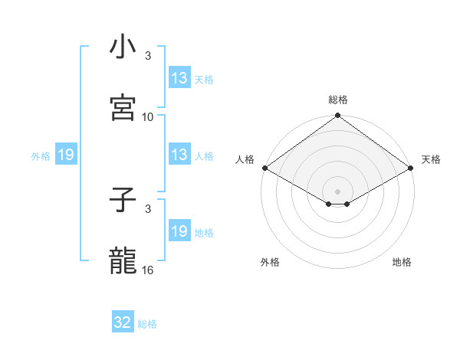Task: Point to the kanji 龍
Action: pyautogui.click(x=123, y=260)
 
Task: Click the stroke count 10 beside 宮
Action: pyautogui.click(x=148, y=117)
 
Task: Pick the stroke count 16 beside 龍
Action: pyautogui.click(x=148, y=270)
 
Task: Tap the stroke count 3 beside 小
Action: pyautogui.click(x=148, y=56)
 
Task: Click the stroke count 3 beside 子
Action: pyautogui.click(x=148, y=208)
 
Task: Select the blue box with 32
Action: pyautogui.click(x=123, y=322)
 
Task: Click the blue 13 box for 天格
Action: pyautogui.click(x=179, y=78)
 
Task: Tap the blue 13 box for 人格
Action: pyautogui.click(x=179, y=155)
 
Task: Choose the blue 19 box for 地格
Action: pyautogui.click(x=179, y=231)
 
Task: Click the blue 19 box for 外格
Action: pyautogui.click(x=66, y=155)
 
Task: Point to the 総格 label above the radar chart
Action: pyautogui.click(x=338, y=100)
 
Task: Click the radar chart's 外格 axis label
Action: pyautogui.click(x=270, y=262)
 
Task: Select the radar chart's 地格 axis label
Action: pyautogui.click(x=402, y=262)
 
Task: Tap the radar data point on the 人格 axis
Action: pyautogui.click(x=264, y=168)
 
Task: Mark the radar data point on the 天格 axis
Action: pyautogui.click(x=411, y=168)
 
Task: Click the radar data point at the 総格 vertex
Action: pyautogui.click(x=337, y=116)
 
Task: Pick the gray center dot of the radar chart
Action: pyautogui.click(x=337, y=190)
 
